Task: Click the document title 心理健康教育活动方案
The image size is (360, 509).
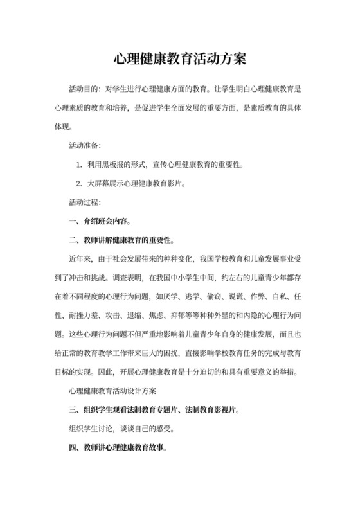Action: pos(180,59)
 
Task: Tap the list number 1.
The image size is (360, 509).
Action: pos(78,165)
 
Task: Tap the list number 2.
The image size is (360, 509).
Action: pos(78,184)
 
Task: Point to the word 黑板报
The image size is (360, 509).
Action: pos(120,165)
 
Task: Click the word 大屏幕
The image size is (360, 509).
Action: pos(99,184)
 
